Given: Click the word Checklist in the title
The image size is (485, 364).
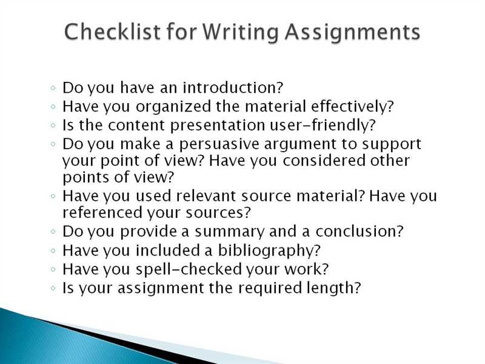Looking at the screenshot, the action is (113, 32).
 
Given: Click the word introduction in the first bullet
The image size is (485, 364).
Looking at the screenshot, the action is (233, 87).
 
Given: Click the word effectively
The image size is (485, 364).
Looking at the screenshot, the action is (352, 107).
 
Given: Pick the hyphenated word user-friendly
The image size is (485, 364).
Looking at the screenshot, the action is (323, 125).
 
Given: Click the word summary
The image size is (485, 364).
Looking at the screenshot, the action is (230, 232).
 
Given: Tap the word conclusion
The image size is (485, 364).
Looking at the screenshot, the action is (360, 231).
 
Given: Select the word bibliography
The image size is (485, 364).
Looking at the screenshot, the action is (269, 251).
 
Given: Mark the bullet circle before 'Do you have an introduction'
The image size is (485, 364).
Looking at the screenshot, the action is (53, 88).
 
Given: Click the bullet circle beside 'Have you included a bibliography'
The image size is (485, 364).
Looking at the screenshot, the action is (53, 251).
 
